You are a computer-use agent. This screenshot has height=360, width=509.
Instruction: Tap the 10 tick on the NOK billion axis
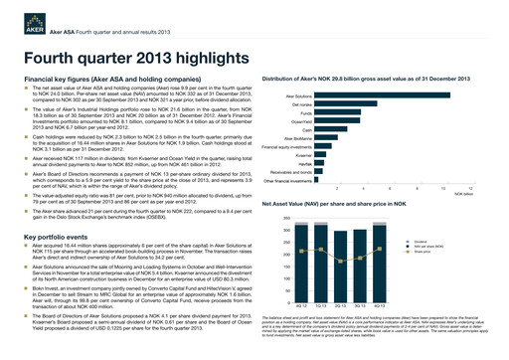[443, 188]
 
